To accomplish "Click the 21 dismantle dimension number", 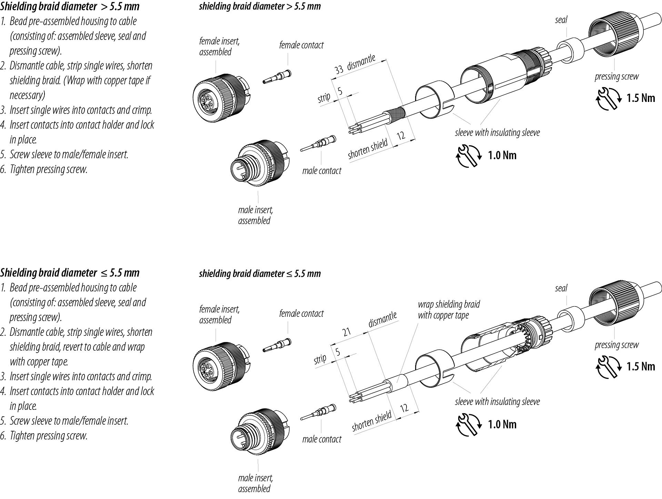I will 347,332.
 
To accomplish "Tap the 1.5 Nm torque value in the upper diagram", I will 641,98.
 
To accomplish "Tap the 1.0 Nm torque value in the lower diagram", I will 502,424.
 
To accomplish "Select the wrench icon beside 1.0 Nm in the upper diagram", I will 468,156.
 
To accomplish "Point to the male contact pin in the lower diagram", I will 319,413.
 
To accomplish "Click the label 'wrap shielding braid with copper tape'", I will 448,310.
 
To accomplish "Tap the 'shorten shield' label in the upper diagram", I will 368,149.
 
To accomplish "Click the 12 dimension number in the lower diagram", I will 404,408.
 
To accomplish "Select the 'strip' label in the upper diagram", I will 324,98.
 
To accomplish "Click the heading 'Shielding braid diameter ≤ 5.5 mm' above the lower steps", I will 70,273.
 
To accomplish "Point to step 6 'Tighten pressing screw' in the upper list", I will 48,169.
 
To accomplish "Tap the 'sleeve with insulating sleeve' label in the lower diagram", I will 497,402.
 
